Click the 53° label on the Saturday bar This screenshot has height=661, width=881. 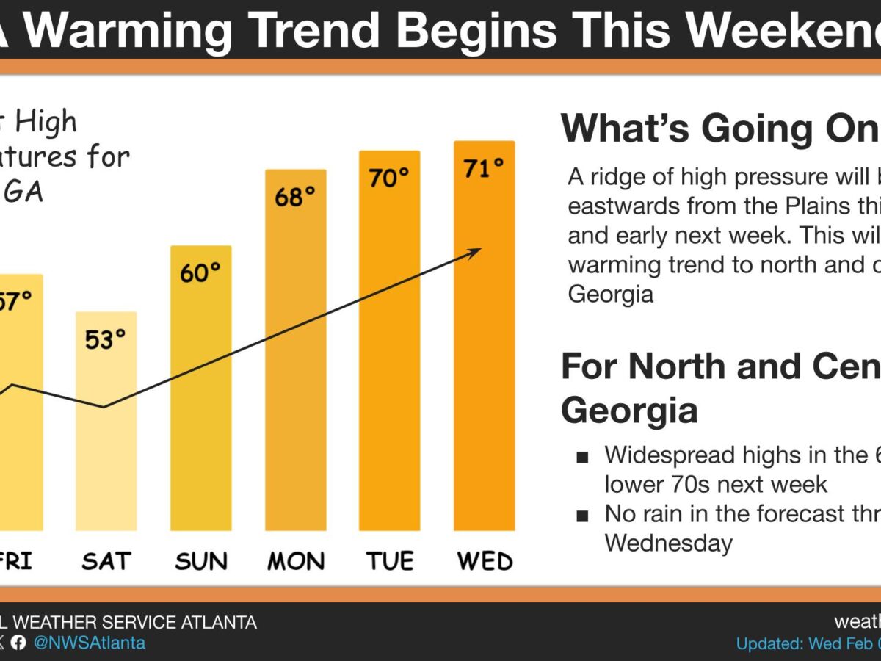(x=106, y=339)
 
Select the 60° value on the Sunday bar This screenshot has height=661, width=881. (x=200, y=273)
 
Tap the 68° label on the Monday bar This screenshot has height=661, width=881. (x=295, y=197)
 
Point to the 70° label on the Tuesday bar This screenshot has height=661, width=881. (x=389, y=178)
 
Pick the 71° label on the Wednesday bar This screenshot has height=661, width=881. (x=484, y=168)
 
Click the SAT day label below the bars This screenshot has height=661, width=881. (x=106, y=563)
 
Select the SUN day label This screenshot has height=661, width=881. (x=200, y=563)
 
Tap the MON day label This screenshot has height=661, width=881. (x=295, y=563)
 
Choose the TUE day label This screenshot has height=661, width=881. (x=389, y=563)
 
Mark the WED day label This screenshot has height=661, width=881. (x=485, y=563)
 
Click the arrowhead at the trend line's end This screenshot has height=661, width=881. (x=476, y=251)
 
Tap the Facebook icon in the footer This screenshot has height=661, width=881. (x=19, y=643)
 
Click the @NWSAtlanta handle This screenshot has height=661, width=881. (x=90, y=643)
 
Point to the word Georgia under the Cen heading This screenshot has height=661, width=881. (x=629, y=411)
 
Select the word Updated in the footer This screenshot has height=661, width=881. (x=769, y=643)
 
